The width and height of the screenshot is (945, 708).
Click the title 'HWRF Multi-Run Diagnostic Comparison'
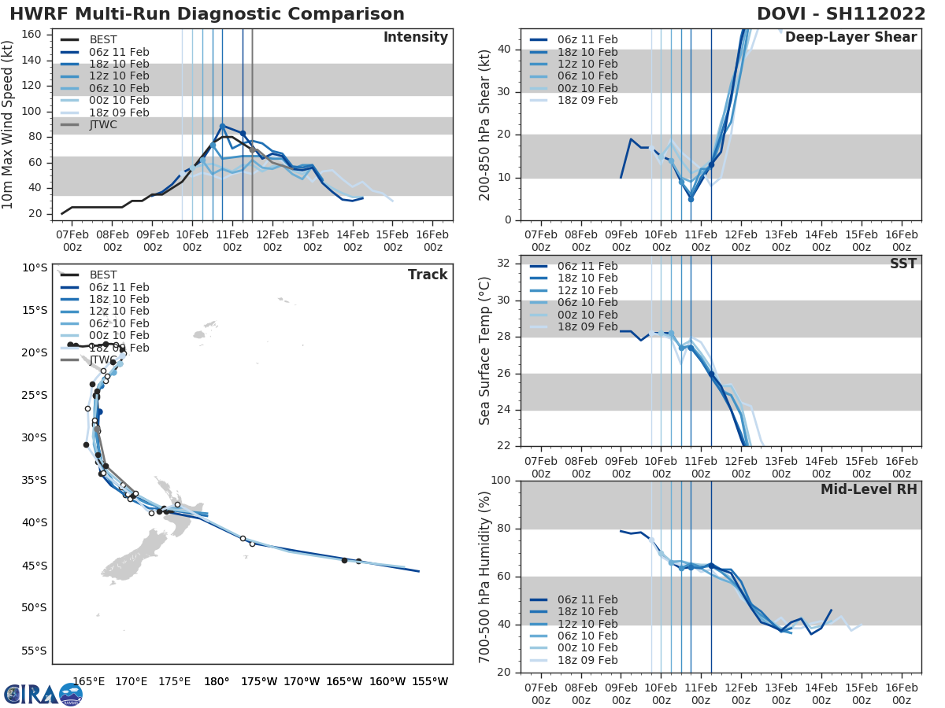[x=207, y=14]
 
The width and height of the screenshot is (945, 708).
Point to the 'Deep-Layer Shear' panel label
[x=850, y=38]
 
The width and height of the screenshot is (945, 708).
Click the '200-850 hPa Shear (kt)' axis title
[x=485, y=124]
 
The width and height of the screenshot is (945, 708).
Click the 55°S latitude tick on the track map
[x=34, y=651]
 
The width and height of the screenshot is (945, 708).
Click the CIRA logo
[x=43, y=694]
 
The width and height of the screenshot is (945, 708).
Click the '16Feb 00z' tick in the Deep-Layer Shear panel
[x=901, y=241]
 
